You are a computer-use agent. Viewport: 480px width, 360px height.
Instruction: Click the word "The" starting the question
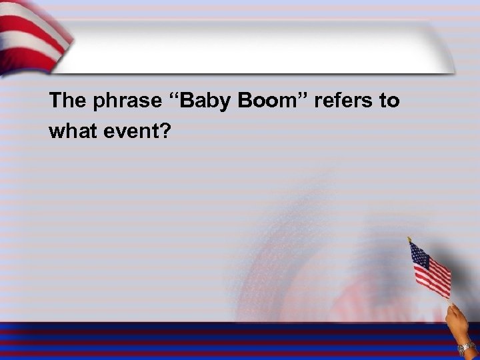(x=67, y=101)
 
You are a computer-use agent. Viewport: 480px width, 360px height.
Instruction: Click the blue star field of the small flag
(x=419, y=253)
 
